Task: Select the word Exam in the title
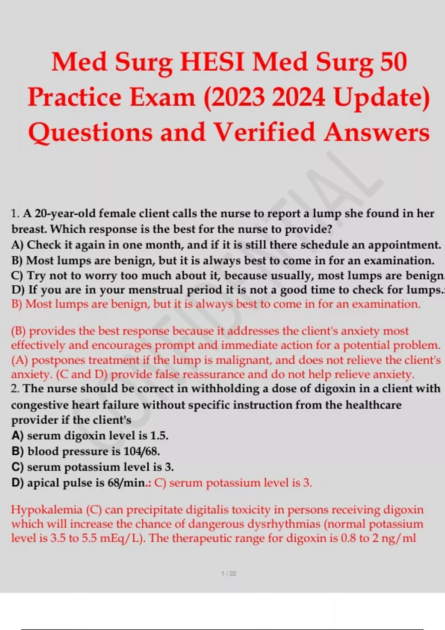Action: point(162,97)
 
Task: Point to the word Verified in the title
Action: point(264,132)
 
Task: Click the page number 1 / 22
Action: point(228,573)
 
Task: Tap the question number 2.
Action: point(15,388)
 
